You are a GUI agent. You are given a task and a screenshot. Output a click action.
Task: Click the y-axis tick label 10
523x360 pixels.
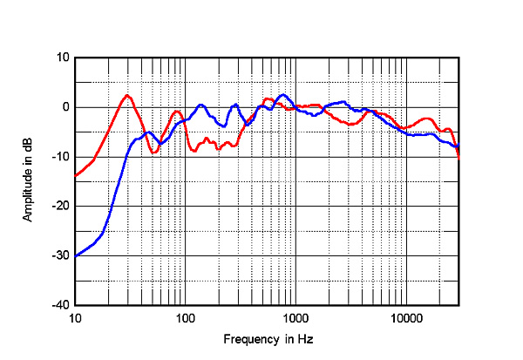point(63,58)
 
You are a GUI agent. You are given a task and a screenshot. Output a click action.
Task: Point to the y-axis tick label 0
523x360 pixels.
point(65,107)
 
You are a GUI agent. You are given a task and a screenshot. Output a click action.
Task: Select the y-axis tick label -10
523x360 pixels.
point(61,157)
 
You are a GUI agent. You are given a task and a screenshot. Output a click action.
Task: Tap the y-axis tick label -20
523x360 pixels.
point(61,206)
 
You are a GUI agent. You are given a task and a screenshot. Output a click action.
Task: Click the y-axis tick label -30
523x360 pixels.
point(61,255)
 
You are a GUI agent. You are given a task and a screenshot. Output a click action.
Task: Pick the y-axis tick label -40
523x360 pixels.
point(61,305)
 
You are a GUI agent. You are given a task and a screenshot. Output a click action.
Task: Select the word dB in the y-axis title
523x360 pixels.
point(28,144)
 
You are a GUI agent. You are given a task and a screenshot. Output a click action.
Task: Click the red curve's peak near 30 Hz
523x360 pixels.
point(127,95)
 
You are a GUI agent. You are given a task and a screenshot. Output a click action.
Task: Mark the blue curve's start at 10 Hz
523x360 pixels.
point(76,255)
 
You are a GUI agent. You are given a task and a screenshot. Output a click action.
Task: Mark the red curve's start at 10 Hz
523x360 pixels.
point(76,176)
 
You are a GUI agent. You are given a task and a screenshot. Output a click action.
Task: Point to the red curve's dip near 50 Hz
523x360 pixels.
point(153,153)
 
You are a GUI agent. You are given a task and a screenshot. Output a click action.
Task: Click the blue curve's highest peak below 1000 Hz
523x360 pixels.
point(282,95)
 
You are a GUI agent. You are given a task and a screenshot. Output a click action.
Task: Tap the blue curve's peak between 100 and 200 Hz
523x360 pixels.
point(201,105)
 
